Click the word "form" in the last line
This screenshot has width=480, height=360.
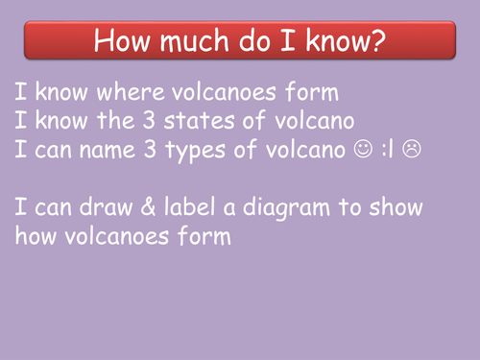(204, 236)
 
